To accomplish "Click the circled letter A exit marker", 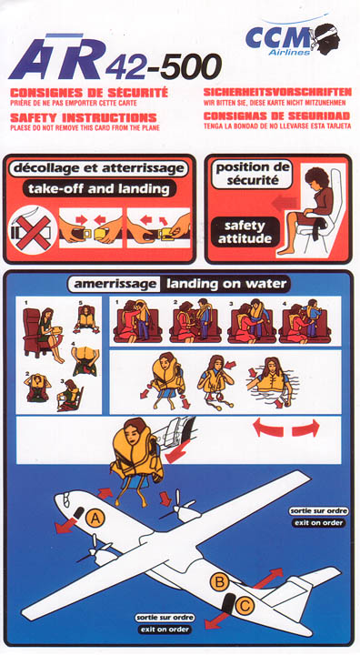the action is point(95,519).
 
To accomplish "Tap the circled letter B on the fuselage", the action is point(219,581).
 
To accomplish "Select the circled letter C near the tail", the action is point(245,606).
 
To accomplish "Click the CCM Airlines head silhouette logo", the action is point(326,38).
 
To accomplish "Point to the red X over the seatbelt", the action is point(33,230).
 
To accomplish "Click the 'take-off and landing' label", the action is point(99,189).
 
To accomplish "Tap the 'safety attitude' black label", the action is point(245,233).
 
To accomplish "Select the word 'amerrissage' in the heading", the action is point(115,285).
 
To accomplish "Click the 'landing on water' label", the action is point(226,284).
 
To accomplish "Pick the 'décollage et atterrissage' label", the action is point(98,168).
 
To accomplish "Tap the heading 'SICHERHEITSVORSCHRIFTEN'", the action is point(277,92).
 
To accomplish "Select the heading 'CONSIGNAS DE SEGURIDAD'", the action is point(276,116).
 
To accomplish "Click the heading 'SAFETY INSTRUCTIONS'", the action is point(84,117).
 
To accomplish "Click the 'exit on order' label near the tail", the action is point(165,630).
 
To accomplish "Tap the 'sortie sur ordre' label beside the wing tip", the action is point(318,510).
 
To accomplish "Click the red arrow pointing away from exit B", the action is point(268,578).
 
